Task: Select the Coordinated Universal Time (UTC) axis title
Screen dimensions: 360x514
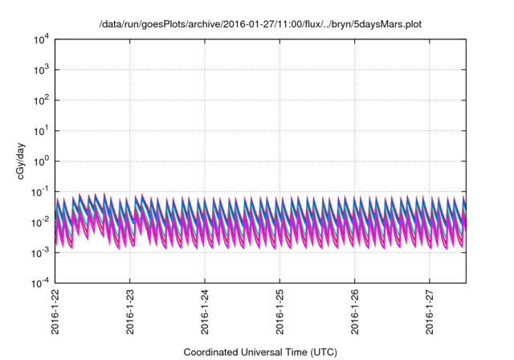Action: (261, 352)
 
